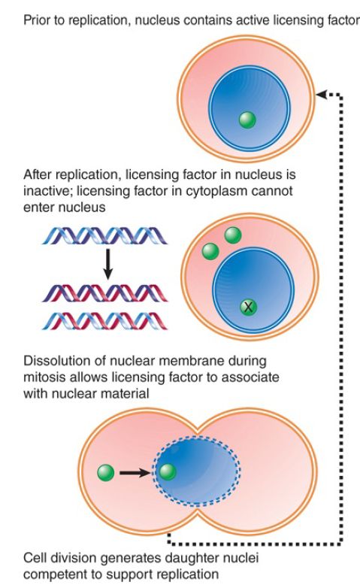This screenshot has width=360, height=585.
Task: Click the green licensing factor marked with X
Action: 248,307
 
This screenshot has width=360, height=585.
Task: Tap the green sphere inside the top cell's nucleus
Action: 247,120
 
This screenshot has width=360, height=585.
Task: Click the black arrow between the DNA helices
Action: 107,264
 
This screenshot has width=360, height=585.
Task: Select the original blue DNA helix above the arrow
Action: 104,236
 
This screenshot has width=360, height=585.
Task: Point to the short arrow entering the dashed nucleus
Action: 135,473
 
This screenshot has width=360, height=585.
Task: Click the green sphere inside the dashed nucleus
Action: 168,472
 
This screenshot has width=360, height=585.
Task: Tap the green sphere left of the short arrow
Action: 105,473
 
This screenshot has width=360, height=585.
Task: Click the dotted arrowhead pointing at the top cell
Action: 321,95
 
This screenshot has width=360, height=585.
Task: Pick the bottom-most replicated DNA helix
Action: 104,321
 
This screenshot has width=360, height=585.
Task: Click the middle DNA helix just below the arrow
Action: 104,292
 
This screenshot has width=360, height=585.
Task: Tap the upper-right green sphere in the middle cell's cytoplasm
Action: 233,235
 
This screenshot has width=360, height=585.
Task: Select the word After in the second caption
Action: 37,174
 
